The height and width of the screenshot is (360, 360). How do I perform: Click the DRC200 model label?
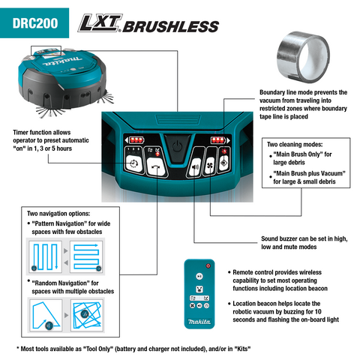[35, 23]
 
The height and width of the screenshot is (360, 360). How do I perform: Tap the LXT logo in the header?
[100, 23]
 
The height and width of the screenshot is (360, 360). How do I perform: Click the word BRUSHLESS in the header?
[171, 26]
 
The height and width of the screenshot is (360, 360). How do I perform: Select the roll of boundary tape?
[303, 57]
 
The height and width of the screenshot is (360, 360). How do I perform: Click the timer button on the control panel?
[133, 163]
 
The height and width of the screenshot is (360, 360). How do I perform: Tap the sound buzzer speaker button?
[195, 166]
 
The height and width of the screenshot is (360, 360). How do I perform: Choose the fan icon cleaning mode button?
[210, 165]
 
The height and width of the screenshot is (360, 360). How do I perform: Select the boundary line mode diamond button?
[223, 163]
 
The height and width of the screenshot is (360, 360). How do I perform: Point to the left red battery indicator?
[135, 139]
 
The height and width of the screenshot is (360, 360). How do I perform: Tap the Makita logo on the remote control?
[199, 322]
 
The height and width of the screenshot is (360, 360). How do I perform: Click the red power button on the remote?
[208, 265]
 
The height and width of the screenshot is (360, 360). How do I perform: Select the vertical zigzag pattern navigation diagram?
[45, 256]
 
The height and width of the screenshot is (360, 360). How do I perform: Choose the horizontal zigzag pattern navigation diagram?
[86, 256]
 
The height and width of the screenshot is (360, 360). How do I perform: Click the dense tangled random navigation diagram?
[87, 316]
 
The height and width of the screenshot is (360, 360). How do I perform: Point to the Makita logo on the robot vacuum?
[62, 61]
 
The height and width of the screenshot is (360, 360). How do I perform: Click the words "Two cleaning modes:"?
[295, 145]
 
